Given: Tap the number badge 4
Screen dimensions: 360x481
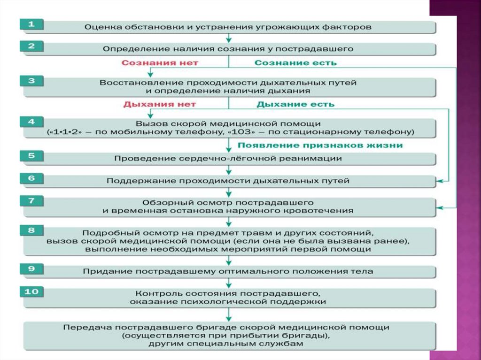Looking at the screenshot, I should tap(31, 122).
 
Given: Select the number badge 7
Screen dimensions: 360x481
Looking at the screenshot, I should tap(31, 201).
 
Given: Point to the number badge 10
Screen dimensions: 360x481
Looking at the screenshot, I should tap(31, 291).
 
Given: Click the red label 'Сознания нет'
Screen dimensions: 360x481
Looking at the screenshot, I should tap(160, 62).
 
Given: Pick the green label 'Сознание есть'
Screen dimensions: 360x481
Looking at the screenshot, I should tap(295, 62).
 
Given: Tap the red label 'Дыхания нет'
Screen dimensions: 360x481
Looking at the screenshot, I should tap(160, 104).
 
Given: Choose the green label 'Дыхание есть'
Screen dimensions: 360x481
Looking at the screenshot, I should tap(295, 104).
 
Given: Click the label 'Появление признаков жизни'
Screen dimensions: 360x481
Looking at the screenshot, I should tap(320, 145).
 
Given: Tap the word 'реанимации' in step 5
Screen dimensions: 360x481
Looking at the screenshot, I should tap(316, 159).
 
